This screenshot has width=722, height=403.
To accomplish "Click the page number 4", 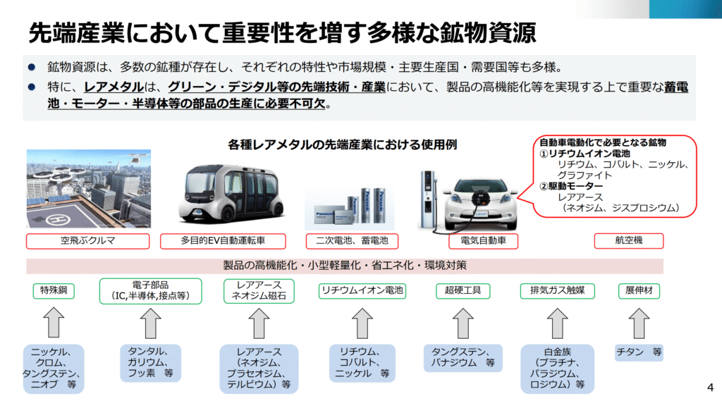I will point(709,387).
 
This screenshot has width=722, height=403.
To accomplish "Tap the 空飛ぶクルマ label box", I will point(88,241).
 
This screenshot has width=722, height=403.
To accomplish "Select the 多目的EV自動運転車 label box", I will point(223,241).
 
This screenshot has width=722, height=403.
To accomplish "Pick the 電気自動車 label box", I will point(483,241).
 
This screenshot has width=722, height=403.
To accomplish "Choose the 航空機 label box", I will point(628,241).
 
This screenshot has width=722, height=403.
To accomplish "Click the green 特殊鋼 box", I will point(54,290).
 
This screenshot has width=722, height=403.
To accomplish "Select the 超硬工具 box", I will point(463,290).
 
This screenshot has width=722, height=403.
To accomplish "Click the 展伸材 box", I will point(638,290).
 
